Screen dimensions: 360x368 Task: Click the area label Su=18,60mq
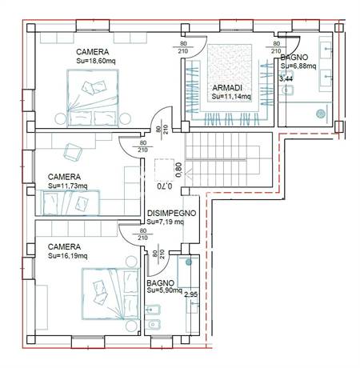pos(96,61)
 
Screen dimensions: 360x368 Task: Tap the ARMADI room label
pos(227,87)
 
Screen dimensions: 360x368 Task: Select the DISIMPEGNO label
pos(171,213)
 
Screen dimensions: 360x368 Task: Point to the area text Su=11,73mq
pos(67,186)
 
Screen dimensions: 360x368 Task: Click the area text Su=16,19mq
pos(67,256)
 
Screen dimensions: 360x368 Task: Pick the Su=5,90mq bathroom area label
pos(164,290)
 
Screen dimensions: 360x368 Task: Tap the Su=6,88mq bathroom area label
pos(298,66)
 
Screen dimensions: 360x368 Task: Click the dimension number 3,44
pos(286,78)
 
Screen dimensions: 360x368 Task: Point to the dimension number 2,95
pos(191,294)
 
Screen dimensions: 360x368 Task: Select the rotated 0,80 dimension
pos(178,170)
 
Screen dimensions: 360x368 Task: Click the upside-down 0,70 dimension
pos(164,186)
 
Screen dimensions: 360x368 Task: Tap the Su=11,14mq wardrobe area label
pos(231,96)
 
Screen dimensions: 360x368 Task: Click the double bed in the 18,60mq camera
pos(93,98)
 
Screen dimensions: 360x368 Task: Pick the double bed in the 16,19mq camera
pos(110,294)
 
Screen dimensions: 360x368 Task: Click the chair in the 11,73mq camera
pos(73,152)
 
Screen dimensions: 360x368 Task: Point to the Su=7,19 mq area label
pos(166,222)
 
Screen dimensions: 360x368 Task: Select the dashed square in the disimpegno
pos(164,170)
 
